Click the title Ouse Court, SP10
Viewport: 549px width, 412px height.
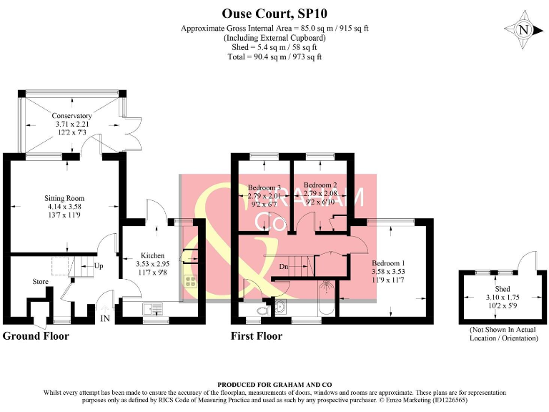point(274,14)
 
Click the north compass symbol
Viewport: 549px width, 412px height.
point(523,31)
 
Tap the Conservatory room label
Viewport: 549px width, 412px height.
point(71,116)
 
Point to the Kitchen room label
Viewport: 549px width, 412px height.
point(152,255)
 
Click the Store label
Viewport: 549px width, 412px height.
point(40,281)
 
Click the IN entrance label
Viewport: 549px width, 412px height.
point(105,319)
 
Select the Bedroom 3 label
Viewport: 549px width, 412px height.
point(264,187)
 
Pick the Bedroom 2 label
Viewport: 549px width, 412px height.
point(320,184)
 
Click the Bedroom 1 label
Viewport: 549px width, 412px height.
point(388,263)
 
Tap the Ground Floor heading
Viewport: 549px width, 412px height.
point(36,335)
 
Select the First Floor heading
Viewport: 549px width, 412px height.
point(256,335)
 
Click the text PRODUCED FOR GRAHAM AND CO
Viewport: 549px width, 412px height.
point(274,385)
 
